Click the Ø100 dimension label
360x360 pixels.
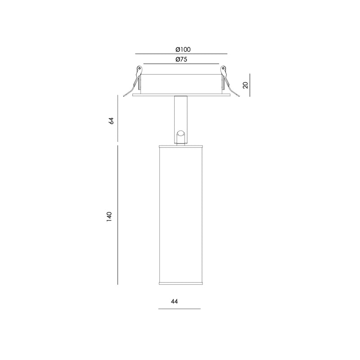coord(183,49)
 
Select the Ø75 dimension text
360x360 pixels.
coord(181,59)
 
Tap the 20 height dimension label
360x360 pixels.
coord(246,85)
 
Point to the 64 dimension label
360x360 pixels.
coord(111,121)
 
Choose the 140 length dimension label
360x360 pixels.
coord(109,216)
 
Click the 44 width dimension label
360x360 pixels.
coord(175,301)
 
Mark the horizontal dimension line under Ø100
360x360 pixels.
coord(181,54)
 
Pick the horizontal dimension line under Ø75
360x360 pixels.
coord(181,63)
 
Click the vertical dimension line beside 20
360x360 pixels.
coord(250,85)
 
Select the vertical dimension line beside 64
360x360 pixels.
coord(118,118)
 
